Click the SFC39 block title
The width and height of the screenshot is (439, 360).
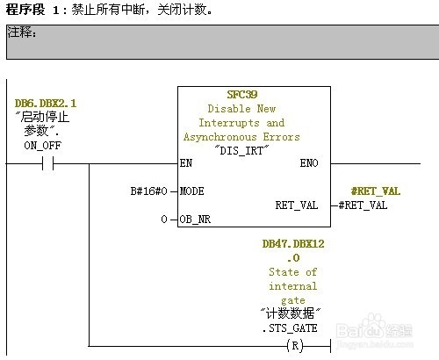click(x=242, y=95)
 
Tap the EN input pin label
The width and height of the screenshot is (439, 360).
click(x=186, y=163)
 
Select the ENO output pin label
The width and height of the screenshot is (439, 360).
click(x=309, y=163)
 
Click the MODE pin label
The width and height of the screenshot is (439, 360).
click(x=191, y=191)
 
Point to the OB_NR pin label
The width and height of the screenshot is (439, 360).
click(x=195, y=220)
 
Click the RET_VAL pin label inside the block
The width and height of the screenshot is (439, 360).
click(x=297, y=205)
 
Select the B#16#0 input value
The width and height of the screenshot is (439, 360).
click(x=148, y=191)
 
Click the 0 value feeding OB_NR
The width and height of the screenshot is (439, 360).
click(x=164, y=220)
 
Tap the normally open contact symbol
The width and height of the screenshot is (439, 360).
click(x=48, y=163)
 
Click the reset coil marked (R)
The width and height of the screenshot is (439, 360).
click(x=295, y=346)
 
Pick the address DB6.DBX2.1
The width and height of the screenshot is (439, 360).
click(x=46, y=104)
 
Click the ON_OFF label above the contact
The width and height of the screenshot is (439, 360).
click(x=43, y=146)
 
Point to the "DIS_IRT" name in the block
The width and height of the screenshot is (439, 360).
click(x=241, y=150)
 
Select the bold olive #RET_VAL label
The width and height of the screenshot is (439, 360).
click(x=376, y=191)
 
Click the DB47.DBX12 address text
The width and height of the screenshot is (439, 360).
click(x=293, y=244)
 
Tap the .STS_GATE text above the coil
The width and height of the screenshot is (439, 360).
click(x=290, y=328)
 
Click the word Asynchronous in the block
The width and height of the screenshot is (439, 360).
click(x=220, y=137)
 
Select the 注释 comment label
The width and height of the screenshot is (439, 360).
click(x=22, y=32)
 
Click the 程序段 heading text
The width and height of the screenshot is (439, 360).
click(x=25, y=10)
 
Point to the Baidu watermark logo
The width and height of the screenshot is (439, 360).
click(x=375, y=329)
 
